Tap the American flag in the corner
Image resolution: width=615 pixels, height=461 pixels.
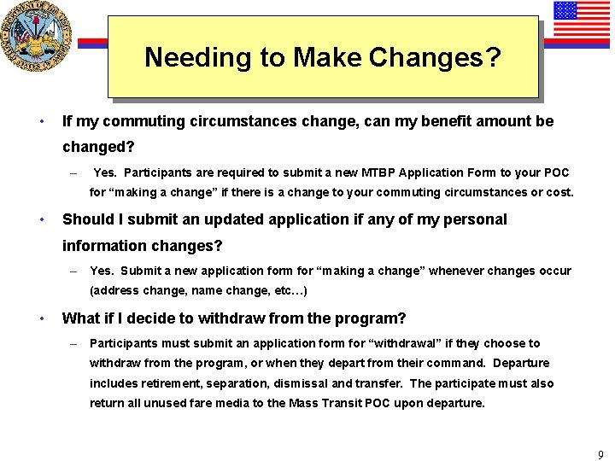577,22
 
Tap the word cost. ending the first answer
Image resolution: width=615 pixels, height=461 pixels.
559,192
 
